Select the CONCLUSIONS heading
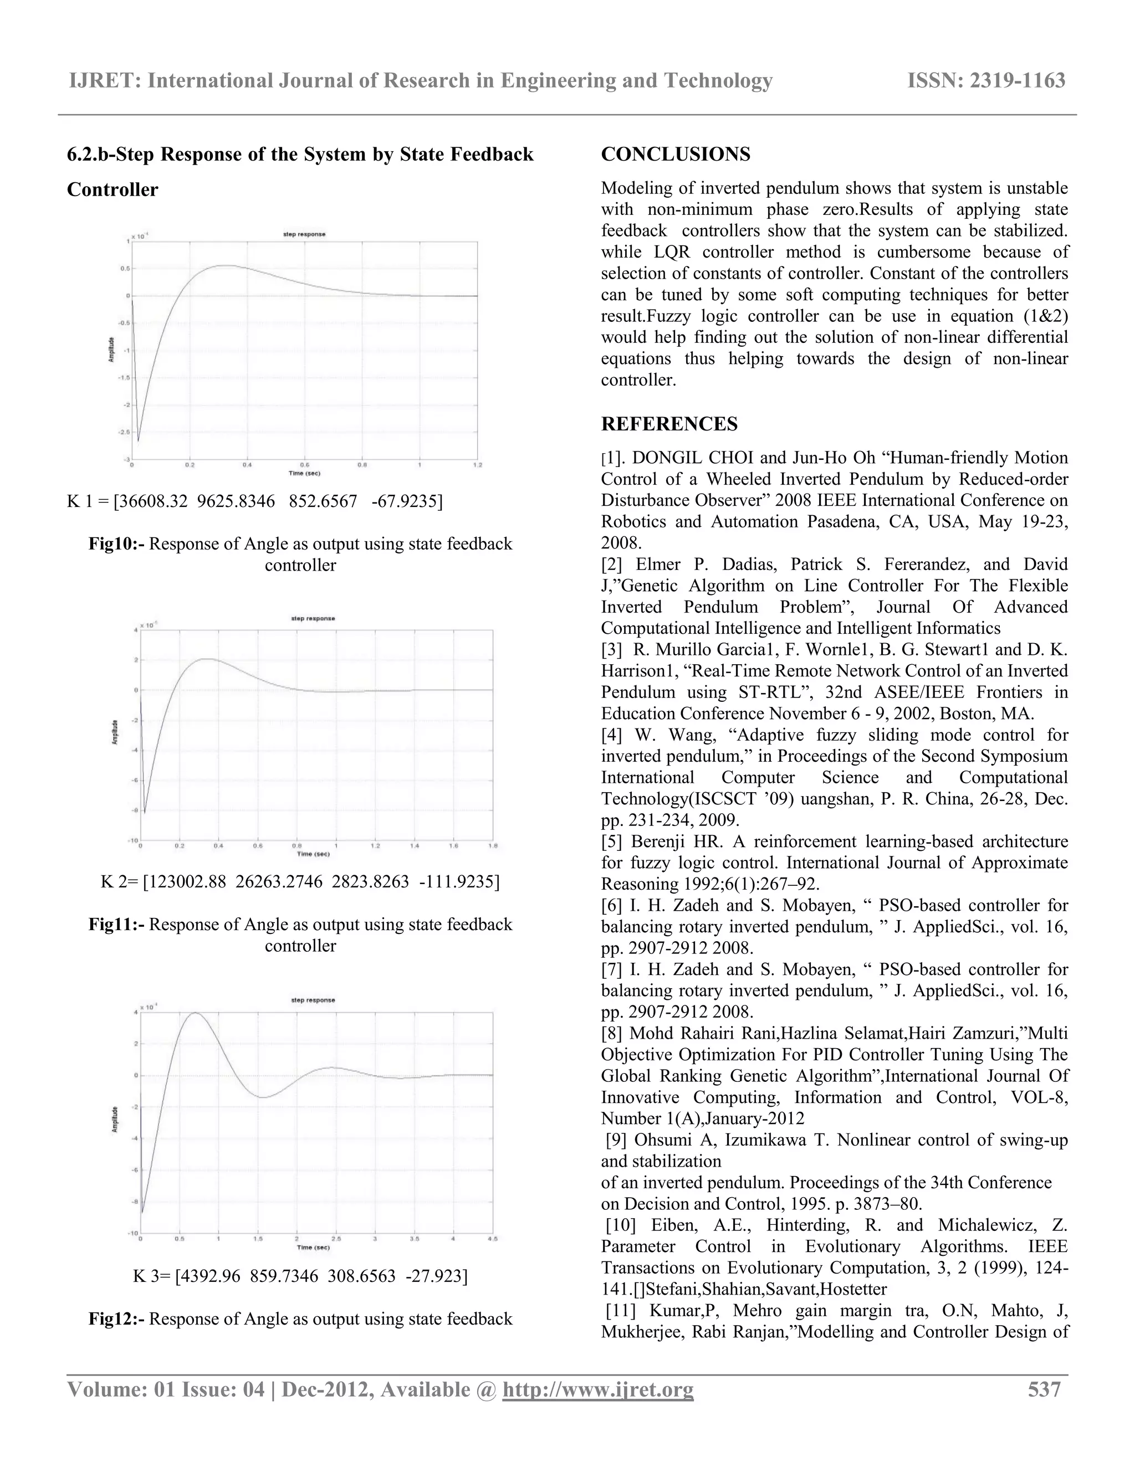click(675, 154)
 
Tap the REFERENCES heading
click(669, 424)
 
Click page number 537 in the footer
click(1044, 1389)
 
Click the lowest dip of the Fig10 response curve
click(139, 441)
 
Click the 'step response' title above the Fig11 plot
click(313, 618)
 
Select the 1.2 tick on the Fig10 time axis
click(477, 465)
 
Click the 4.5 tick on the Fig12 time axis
click(492, 1239)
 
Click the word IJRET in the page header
click(104, 81)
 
